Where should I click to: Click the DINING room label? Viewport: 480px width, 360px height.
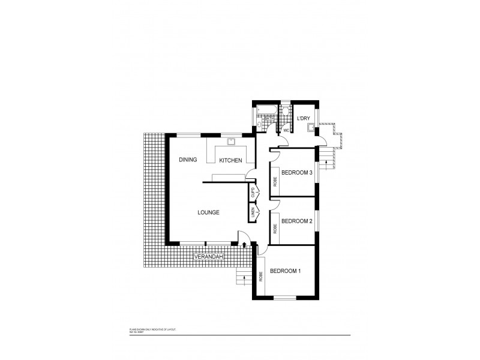[188, 160]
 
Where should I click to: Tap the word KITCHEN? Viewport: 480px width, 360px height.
[230, 160]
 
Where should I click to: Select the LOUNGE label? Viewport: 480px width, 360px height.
[207, 212]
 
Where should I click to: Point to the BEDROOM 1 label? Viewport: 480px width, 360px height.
[285, 271]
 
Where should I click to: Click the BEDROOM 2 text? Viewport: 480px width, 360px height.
[297, 221]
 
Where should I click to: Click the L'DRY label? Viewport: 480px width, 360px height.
[303, 118]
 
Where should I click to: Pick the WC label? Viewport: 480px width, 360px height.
[286, 130]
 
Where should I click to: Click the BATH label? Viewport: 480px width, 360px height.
[269, 119]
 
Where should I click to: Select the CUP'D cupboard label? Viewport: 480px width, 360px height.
[253, 193]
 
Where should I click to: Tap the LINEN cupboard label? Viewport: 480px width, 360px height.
[253, 212]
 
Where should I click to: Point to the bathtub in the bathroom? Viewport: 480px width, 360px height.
[265, 110]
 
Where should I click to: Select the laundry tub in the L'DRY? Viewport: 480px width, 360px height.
[310, 127]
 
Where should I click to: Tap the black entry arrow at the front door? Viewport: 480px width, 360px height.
[245, 244]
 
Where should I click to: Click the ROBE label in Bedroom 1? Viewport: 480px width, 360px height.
[261, 277]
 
